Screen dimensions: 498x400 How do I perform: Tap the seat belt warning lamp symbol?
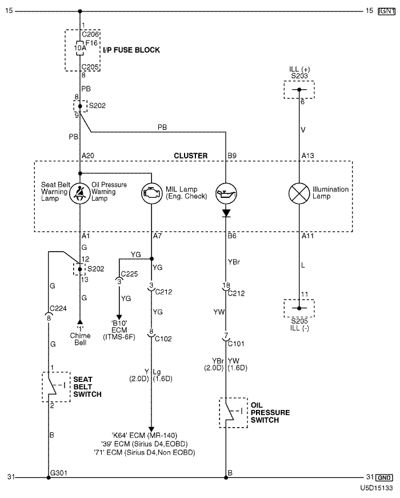[x=79, y=193]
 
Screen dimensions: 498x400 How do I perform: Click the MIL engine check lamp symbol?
[x=151, y=193]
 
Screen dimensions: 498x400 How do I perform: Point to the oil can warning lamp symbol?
[x=226, y=193]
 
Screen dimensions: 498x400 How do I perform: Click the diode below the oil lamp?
[x=226, y=213]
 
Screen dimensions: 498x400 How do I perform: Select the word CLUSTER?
[x=190, y=155]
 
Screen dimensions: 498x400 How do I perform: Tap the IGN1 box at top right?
[x=386, y=11]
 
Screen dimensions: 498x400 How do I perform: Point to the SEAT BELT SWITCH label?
[x=87, y=387]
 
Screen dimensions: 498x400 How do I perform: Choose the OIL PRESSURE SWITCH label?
[x=270, y=412]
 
